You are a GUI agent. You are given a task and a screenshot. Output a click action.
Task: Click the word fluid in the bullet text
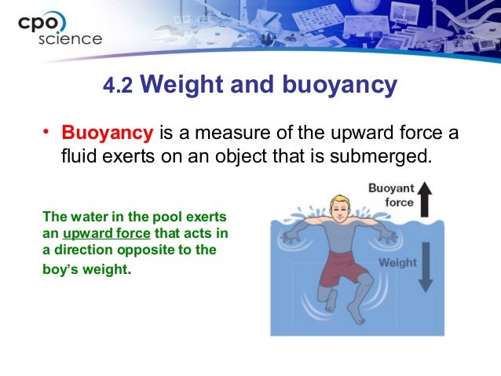tap(78, 155)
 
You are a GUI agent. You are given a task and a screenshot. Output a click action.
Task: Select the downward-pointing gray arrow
tap(426, 271)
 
